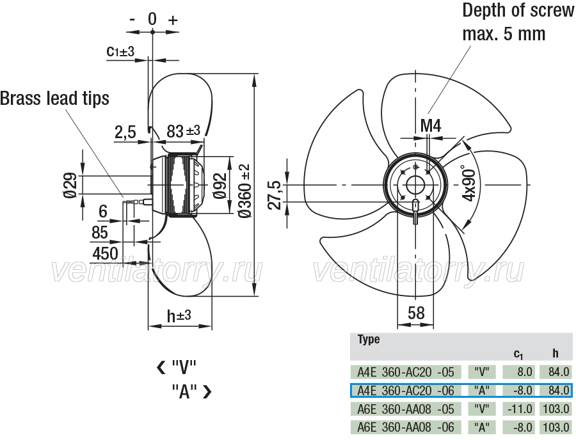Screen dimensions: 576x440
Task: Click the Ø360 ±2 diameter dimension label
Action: tap(244, 191)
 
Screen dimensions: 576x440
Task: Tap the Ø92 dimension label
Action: tap(220, 185)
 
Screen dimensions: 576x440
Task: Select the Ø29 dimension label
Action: tap(70, 185)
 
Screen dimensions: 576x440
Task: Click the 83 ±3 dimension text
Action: tap(183, 130)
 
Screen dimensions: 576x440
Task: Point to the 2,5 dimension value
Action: tap(125, 132)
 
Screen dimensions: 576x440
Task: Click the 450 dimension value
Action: tap(105, 253)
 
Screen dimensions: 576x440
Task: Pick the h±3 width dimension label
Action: tap(179, 315)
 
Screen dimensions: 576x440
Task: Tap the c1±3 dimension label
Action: tap(120, 51)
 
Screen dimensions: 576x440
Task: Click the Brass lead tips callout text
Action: tap(55, 98)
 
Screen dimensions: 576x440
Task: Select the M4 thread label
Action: tap(431, 126)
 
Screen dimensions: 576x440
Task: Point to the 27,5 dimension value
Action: tap(275, 195)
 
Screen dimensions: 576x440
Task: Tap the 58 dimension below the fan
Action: tap(416, 313)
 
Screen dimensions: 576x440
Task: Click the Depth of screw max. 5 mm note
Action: tap(518, 22)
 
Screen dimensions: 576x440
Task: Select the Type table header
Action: tap(369, 339)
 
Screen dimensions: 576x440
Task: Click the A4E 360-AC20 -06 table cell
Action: tap(406, 391)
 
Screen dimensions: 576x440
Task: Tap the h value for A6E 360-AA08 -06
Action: tap(556, 427)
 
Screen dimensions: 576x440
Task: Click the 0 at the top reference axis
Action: tap(152, 19)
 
